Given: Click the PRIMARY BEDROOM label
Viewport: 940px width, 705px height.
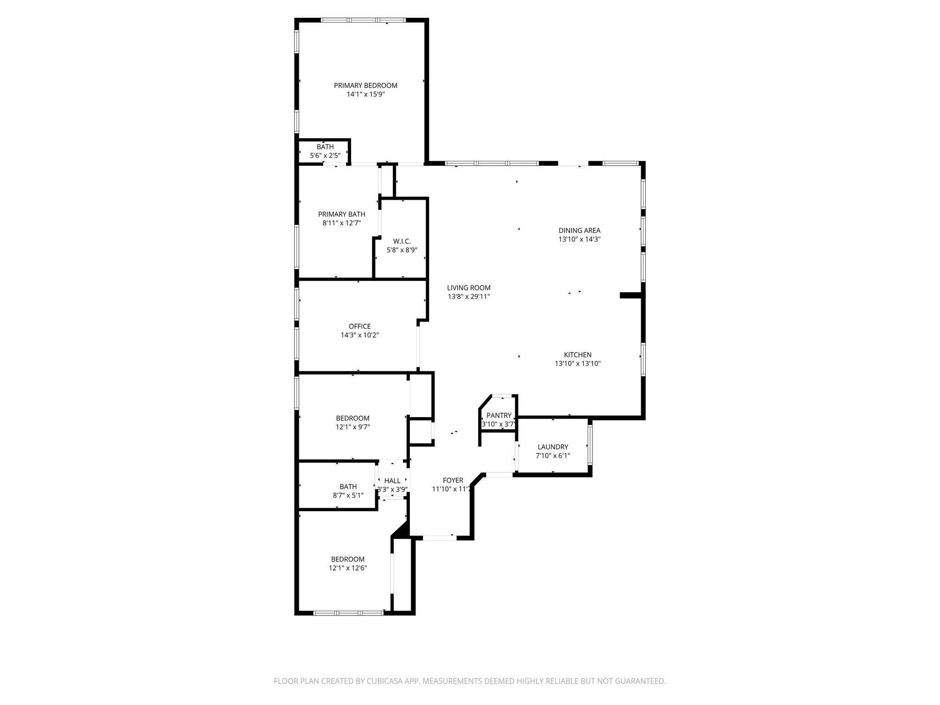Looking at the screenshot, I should click(365, 85).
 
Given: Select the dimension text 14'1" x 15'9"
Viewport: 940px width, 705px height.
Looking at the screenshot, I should click(365, 95).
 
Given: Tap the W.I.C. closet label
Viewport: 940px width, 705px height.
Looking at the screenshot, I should click(402, 241).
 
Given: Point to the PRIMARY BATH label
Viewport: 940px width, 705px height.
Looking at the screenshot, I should click(341, 214).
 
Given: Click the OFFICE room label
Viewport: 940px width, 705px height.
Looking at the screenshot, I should click(359, 326).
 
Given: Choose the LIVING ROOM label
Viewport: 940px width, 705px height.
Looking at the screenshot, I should click(469, 288).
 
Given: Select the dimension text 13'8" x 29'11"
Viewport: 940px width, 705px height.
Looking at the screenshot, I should click(469, 297).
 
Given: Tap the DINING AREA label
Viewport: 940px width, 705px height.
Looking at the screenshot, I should click(579, 230).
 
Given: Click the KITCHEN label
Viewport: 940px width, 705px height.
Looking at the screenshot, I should click(577, 355).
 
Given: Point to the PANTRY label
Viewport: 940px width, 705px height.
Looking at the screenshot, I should click(499, 415).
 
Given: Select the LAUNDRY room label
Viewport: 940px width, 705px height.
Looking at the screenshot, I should click(553, 447).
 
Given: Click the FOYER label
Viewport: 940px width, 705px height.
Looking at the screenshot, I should click(453, 480).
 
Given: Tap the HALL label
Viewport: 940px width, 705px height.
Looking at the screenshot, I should click(392, 481).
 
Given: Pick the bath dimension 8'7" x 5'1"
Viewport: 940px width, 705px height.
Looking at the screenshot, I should click(348, 495).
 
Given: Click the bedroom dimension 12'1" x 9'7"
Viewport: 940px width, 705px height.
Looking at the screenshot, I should click(352, 427).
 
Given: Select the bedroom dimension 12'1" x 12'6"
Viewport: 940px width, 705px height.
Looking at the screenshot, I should click(347, 568).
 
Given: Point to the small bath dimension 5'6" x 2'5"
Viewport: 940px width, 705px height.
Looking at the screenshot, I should click(325, 156).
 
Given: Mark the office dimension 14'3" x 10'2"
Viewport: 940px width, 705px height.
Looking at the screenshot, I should click(359, 335).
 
